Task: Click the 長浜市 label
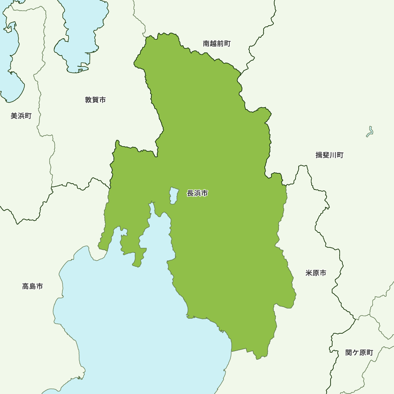(197, 193)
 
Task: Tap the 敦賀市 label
(95, 100)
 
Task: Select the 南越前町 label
(217, 44)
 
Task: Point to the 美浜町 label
(21, 116)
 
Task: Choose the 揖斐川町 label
(329, 155)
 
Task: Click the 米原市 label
(316, 273)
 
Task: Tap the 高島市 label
(32, 286)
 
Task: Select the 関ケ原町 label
(359, 353)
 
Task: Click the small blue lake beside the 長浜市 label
(173, 195)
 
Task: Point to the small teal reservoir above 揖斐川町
(370, 132)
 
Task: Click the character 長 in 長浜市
(190, 193)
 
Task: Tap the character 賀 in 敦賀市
(95, 100)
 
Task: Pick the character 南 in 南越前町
(206, 44)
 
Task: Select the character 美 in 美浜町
(14, 116)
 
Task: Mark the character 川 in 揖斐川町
(333, 155)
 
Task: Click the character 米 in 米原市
(309, 273)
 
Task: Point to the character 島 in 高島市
(32, 286)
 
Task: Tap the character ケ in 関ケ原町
(355, 353)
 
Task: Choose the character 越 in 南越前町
(214, 44)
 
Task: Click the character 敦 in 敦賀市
(89, 100)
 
